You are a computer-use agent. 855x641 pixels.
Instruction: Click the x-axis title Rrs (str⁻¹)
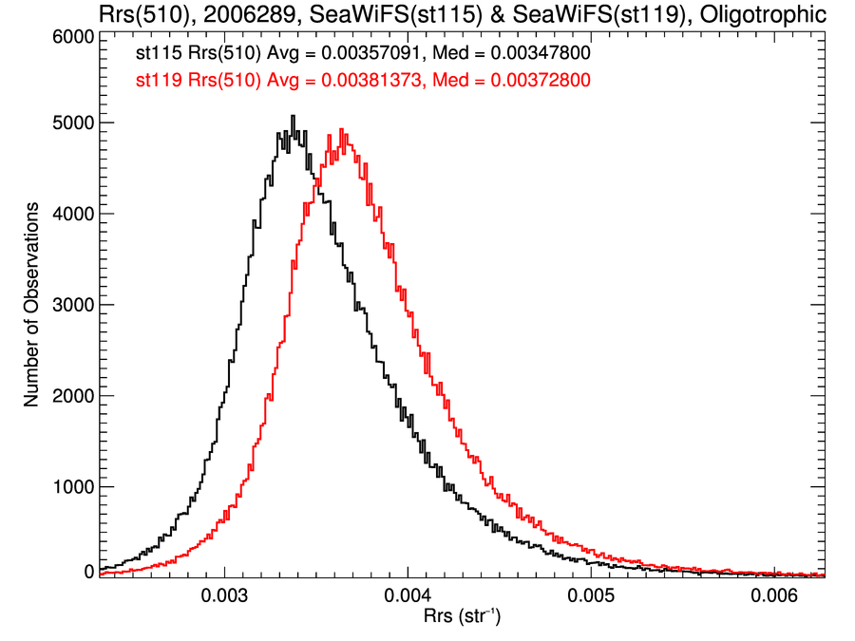pos(462,617)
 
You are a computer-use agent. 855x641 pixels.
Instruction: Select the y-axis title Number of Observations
pos(31,304)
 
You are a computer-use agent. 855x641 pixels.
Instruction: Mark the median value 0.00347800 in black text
pos(537,55)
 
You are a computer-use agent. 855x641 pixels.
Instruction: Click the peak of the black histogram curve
pos(293,117)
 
